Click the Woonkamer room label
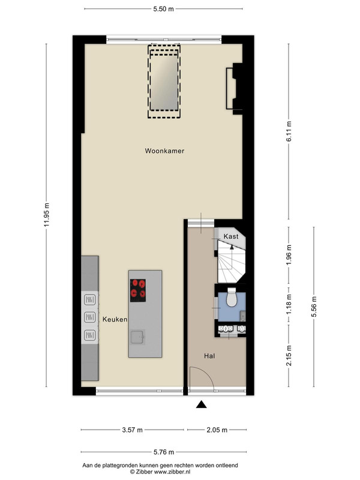click(x=164, y=151)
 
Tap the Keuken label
click(x=115, y=319)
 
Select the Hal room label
click(x=209, y=356)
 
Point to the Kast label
click(x=231, y=236)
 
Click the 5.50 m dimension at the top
click(x=163, y=9)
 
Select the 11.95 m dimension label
click(x=47, y=215)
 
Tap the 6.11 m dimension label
click(x=289, y=131)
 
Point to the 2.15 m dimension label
click(x=289, y=355)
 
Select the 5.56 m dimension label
click(x=314, y=307)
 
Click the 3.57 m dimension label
click(x=132, y=430)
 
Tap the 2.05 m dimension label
click(x=217, y=430)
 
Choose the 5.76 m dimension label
click(x=163, y=452)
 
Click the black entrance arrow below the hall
click(x=201, y=404)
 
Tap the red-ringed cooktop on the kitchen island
click(x=138, y=290)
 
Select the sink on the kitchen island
click(x=138, y=337)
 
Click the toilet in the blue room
click(x=232, y=297)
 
